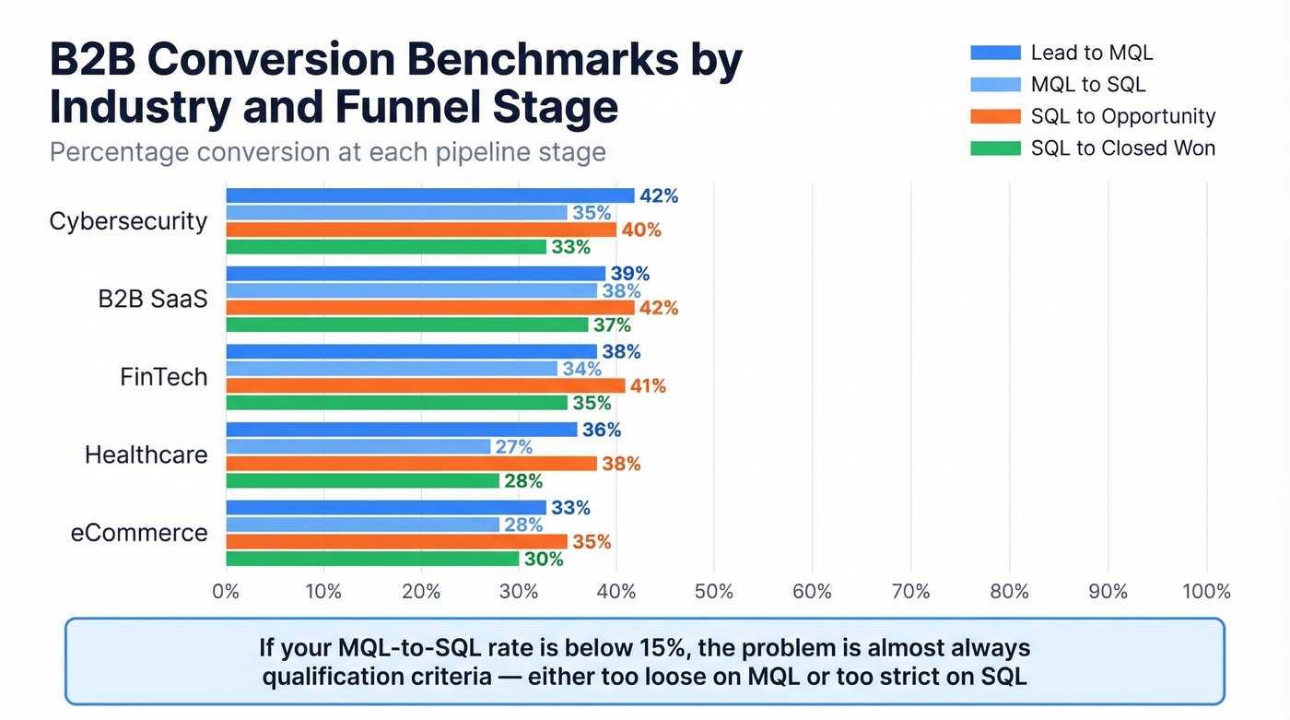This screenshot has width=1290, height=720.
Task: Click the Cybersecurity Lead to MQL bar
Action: point(430,195)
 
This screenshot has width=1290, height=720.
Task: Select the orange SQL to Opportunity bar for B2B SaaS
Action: point(430,308)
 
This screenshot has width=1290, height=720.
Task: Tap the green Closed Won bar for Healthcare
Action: point(362,481)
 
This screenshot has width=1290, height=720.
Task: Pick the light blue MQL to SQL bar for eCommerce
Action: point(362,525)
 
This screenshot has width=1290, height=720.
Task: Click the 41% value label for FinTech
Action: point(647,386)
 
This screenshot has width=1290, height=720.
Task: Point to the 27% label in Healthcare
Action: point(514,447)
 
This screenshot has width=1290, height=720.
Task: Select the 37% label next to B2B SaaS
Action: point(612,325)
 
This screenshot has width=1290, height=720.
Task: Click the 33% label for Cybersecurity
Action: point(570,247)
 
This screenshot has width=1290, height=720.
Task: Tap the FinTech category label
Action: point(164,377)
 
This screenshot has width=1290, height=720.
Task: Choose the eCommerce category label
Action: point(139,533)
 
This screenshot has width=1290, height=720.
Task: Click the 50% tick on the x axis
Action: point(713,592)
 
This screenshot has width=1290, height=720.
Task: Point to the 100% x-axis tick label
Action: point(1205,592)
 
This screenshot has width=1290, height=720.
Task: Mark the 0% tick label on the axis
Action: point(226,592)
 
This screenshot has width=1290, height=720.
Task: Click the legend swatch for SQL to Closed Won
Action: point(995,148)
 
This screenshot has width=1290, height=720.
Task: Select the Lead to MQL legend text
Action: point(1091,53)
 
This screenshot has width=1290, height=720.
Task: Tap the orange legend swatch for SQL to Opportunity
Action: point(995,117)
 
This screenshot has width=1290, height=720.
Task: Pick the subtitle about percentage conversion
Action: point(327,151)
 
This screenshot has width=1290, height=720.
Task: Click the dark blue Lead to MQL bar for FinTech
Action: point(411,351)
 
